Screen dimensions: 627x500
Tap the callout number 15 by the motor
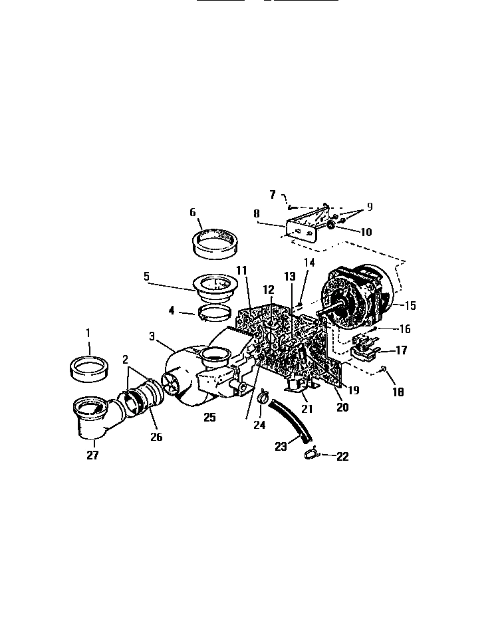click(410, 306)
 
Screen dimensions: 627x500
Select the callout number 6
click(193, 212)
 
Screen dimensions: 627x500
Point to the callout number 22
click(342, 456)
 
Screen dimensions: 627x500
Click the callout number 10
click(366, 232)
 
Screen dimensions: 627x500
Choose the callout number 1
click(88, 332)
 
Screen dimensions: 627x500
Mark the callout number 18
click(398, 392)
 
